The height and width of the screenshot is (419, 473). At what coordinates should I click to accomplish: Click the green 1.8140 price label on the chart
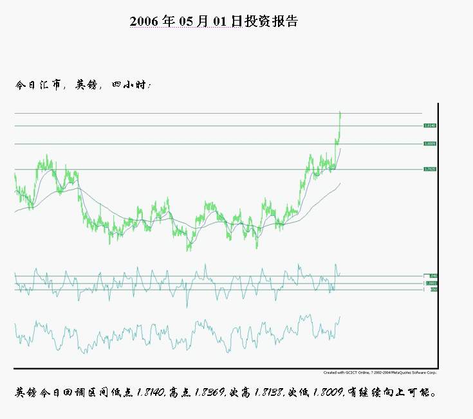pyautogui.click(x=430, y=126)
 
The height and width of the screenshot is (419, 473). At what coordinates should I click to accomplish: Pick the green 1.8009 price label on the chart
pyautogui.click(x=430, y=144)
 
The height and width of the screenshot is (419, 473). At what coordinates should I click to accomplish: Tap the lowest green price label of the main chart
pyautogui.click(x=430, y=169)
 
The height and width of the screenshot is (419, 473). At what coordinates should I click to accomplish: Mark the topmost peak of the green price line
pyautogui.click(x=340, y=112)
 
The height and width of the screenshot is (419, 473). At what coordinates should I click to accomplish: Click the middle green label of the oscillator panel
pyautogui.click(x=431, y=283)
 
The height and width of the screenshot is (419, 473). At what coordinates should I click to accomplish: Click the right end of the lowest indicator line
pyautogui.click(x=340, y=316)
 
